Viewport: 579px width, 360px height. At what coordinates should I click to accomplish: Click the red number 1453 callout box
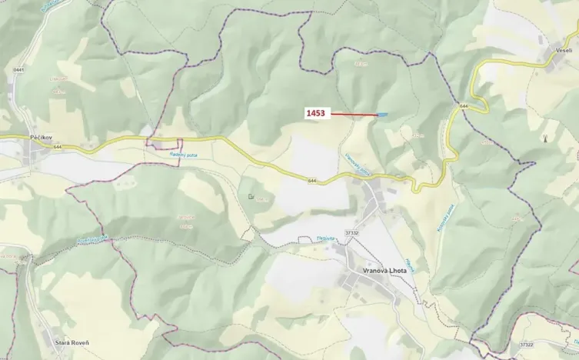316,113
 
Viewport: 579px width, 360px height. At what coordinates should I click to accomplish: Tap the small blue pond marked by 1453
382,115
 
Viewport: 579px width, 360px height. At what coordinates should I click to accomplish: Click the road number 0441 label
18,70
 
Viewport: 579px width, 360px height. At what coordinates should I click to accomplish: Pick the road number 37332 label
352,232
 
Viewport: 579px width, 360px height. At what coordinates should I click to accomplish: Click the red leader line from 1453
354,114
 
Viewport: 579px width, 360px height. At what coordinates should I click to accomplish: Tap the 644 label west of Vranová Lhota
311,182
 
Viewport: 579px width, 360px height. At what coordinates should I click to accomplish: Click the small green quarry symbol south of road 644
251,197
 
